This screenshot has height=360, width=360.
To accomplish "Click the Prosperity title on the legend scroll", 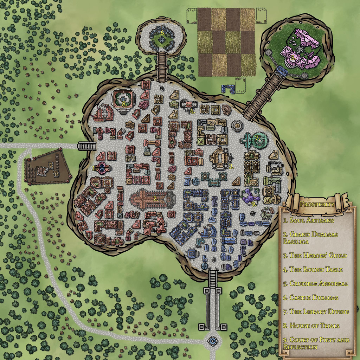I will pos(317,204).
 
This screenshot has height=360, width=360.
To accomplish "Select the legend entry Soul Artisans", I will pos(309,221).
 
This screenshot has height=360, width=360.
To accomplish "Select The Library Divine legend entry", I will pos(316,312).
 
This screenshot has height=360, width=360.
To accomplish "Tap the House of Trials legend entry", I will pos(311,326).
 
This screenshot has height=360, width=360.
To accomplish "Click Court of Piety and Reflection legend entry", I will pos(316,343).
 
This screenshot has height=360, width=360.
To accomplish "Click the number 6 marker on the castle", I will pos(162,33).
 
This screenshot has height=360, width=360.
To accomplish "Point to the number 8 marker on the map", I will pos(124,104).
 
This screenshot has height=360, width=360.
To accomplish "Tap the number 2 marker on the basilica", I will pos(155,199).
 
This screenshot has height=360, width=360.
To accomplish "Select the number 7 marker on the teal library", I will pos(257,137).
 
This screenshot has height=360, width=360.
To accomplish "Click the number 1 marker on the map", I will pos(94,168).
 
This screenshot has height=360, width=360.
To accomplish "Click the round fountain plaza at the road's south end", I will pos(213,340).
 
